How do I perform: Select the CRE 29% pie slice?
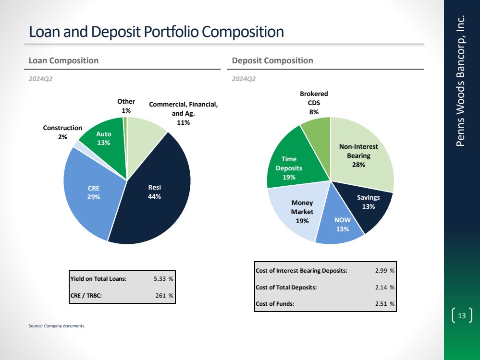pos(94,192)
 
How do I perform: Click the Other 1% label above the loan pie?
pos(126,106)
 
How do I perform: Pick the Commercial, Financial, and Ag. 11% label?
pos(184,113)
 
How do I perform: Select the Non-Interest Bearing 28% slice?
pos(358,155)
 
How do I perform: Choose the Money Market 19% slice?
pos(302,212)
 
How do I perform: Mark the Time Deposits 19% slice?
pos(289,168)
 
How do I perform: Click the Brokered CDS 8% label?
pos(314,103)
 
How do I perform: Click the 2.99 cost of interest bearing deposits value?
pos(382,270)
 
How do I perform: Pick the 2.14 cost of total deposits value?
pos(382,287)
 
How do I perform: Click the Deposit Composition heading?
pos(272,60)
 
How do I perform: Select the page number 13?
pos(462,316)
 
